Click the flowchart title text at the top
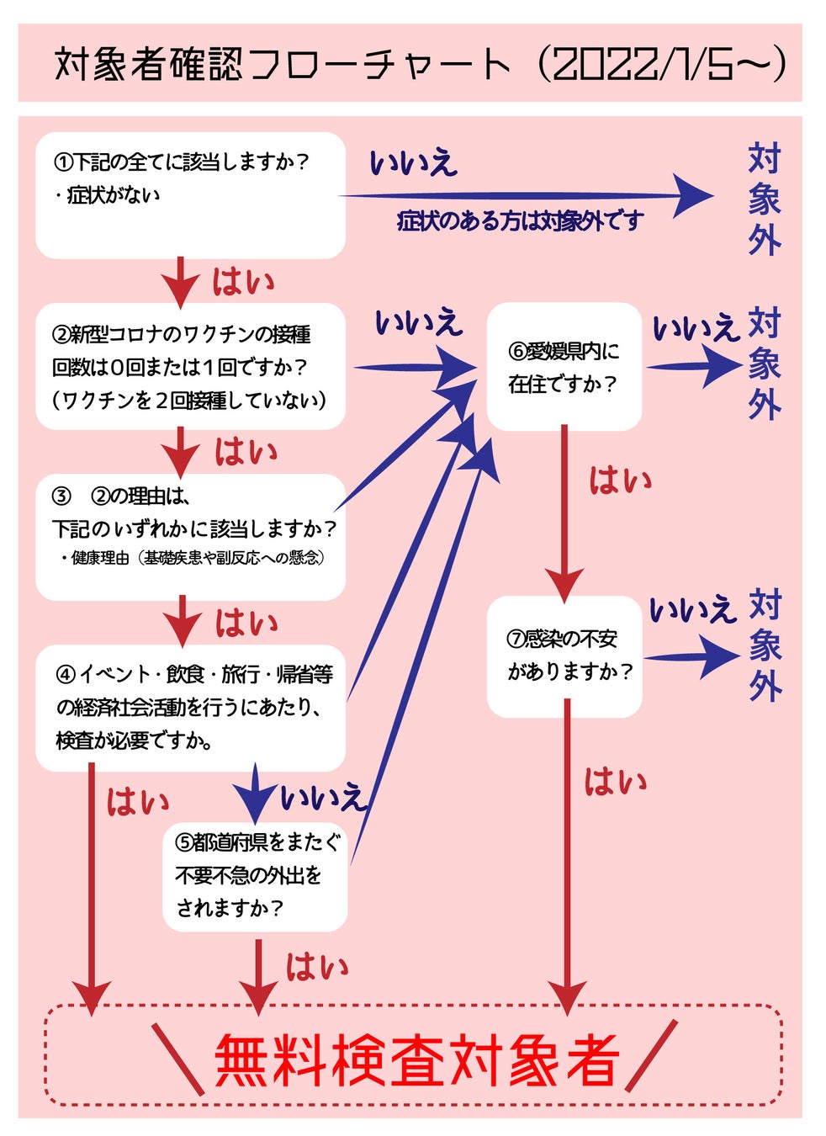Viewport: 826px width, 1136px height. (282, 65)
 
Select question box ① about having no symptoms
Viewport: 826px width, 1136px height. (190, 194)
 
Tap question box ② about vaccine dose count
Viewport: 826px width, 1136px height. (190, 367)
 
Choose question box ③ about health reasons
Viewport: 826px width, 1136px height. (190, 537)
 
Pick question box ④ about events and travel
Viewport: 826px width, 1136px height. (190, 708)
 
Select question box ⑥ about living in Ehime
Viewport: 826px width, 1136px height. (564, 367)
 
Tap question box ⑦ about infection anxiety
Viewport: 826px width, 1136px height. (564, 656)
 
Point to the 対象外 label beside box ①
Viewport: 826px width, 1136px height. (765, 200)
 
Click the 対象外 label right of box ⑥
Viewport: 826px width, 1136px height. (765, 364)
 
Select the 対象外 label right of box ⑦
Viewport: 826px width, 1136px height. (765, 646)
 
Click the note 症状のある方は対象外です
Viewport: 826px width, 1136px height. (520, 221)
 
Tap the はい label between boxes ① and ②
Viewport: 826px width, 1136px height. (243, 282)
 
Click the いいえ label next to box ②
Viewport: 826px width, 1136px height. (418, 322)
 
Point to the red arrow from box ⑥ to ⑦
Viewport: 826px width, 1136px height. (564, 513)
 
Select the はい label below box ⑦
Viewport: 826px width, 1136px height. (616, 783)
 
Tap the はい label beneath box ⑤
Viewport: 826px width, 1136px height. (317, 967)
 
